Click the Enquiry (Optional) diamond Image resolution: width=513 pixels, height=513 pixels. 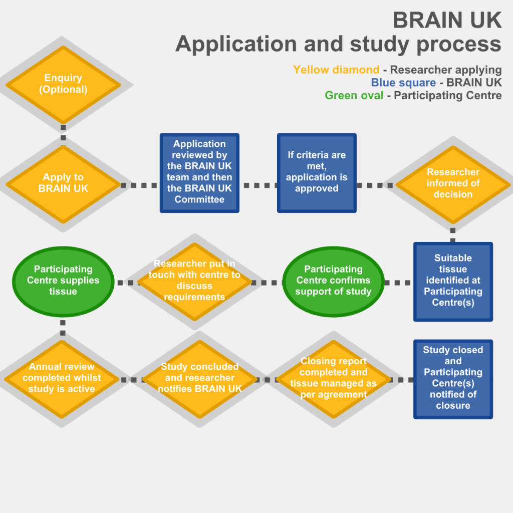click(x=63, y=84)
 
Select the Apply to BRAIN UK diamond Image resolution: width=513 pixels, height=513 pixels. click(x=63, y=183)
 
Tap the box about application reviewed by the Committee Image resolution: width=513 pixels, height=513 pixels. click(x=199, y=172)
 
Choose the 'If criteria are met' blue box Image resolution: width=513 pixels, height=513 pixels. click(x=317, y=172)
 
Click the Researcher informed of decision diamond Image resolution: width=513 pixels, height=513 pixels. click(x=453, y=183)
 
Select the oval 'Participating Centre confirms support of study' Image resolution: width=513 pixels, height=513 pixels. click(x=333, y=281)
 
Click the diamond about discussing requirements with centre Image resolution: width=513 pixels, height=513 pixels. click(x=194, y=281)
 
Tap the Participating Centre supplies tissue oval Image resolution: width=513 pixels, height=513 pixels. click(x=63, y=281)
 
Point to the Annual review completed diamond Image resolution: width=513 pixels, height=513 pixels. click(x=62, y=379)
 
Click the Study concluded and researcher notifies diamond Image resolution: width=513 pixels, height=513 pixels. click(x=199, y=379)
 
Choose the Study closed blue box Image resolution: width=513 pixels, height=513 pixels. click(x=453, y=379)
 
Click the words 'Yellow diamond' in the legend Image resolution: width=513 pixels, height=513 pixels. click(x=336, y=70)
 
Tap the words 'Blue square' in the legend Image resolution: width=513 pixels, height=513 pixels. click(x=403, y=83)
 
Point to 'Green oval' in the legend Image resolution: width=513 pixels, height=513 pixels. click(x=354, y=95)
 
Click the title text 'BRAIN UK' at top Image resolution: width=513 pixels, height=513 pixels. click(x=447, y=21)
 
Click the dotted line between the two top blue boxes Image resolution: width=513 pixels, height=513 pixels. click(x=258, y=185)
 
